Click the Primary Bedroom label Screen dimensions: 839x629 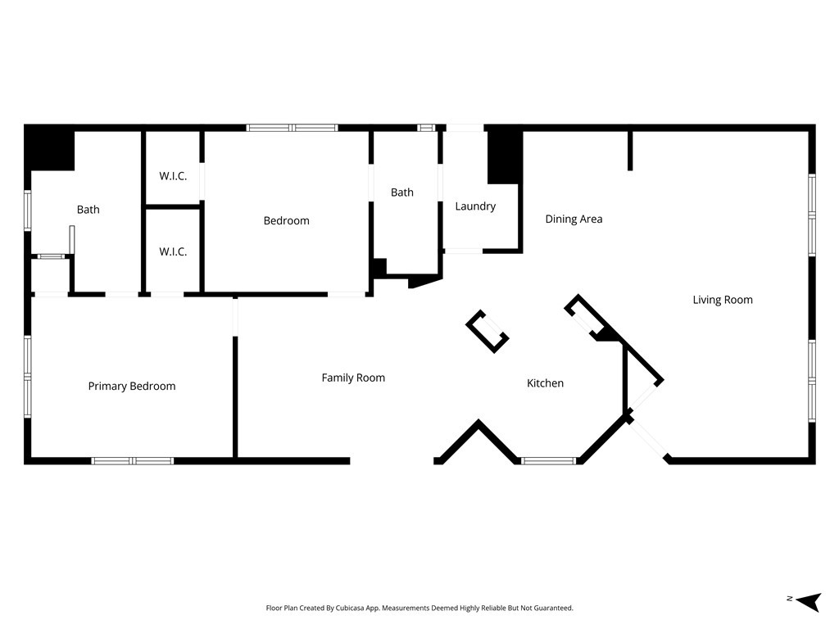click(132, 387)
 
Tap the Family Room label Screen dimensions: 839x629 click(353, 378)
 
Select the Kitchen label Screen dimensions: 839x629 click(545, 383)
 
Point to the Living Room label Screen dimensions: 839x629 click(723, 300)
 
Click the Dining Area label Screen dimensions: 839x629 click(574, 219)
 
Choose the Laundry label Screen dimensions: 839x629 click(475, 206)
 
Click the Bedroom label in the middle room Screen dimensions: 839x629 click(286, 220)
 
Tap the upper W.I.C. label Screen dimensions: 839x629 click(173, 176)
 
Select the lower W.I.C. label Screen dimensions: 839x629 click(173, 251)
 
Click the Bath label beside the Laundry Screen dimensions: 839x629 click(401, 192)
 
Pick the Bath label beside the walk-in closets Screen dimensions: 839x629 click(88, 209)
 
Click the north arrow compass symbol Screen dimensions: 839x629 click(809, 601)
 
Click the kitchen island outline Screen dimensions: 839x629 click(488, 332)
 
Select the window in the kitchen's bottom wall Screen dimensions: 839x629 click(548, 460)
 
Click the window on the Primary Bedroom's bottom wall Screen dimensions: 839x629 click(132, 460)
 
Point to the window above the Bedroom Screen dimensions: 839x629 click(293, 128)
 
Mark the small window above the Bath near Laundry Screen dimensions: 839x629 click(426, 128)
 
